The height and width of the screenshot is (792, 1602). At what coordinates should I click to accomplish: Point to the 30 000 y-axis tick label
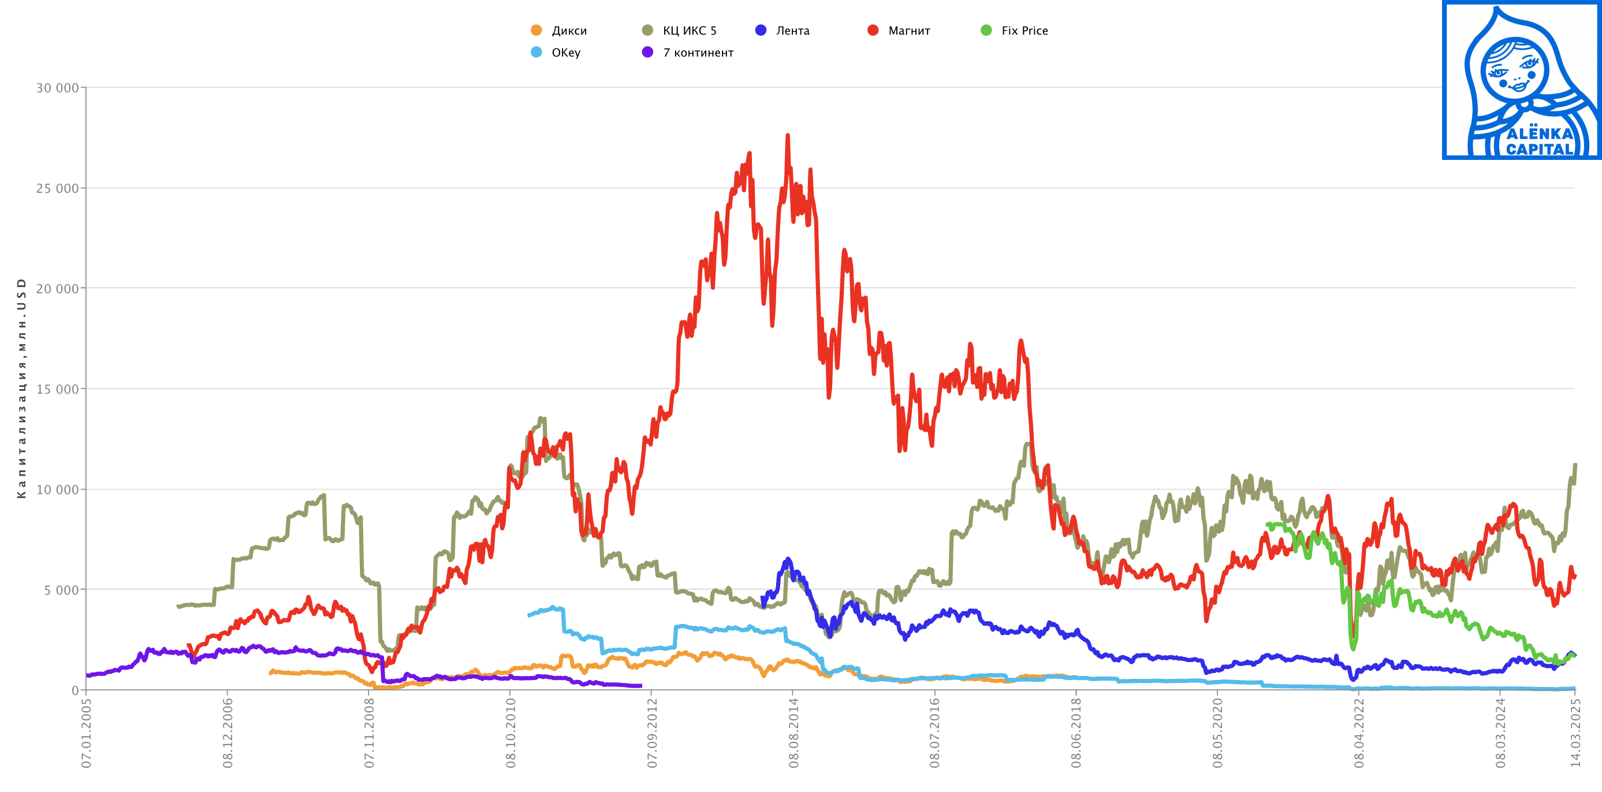click(57, 88)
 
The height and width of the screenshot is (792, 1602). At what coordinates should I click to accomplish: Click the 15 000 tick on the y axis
click(57, 389)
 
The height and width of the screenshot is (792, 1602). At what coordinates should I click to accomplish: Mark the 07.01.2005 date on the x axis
click(87, 733)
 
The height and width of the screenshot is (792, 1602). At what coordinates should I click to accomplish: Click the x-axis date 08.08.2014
click(793, 733)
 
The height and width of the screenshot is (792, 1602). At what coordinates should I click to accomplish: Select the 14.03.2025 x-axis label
click(1575, 733)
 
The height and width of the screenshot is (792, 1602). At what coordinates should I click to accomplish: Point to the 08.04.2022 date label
click(1359, 733)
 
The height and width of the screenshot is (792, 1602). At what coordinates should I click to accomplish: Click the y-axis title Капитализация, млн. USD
click(22, 388)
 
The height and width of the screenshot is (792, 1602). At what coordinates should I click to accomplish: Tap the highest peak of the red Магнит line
click(788, 136)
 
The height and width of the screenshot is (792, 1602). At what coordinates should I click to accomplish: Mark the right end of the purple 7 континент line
click(640, 686)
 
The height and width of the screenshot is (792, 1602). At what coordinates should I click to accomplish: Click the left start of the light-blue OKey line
click(529, 615)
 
